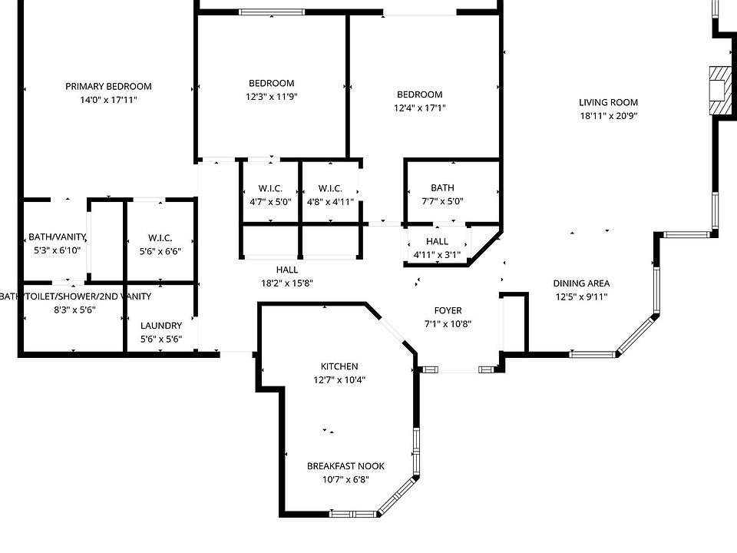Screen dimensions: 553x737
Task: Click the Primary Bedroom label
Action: click(108, 87)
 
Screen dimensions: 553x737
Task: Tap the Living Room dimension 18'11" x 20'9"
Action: click(609, 116)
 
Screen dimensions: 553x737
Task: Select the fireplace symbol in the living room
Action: click(720, 89)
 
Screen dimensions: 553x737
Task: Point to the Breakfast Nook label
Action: click(345, 466)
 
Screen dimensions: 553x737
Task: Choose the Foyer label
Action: click(448, 310)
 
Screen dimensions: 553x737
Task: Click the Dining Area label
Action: click(581, 283)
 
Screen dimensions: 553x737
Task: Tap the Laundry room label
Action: click(161, 325)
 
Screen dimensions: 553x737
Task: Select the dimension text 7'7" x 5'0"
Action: click(442, 201)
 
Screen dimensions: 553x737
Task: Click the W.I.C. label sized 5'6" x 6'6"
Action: click(160, 237)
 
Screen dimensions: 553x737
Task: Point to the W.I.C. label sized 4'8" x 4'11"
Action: click(330, 189)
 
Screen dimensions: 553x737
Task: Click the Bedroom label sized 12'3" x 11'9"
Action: click(271, 83)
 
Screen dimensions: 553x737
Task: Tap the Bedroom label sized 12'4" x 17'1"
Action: click(419, 94)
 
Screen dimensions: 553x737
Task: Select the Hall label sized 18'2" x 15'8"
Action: click(287, 270)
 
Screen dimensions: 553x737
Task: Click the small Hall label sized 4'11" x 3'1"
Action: click(437, 241)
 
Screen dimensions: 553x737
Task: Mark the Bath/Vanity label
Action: click(57, 237)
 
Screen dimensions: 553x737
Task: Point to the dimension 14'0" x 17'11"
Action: click(108, 100)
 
